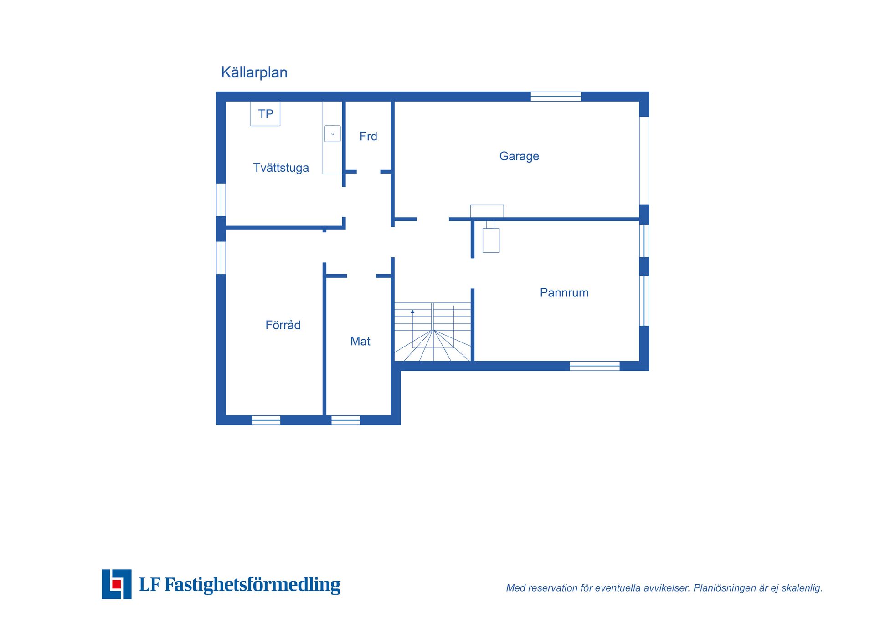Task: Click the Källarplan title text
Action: [254, 73]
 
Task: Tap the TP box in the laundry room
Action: [265, 113]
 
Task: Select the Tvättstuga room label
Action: [281, 168]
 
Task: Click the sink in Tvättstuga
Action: [332, 134]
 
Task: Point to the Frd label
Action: [368, 136]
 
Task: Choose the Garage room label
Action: [519, 156]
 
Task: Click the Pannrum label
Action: [564, 292]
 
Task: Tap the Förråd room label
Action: [283, 324]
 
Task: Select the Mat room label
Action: [360, 341]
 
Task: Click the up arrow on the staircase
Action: [412, 312]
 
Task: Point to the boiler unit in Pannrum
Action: [491, 240]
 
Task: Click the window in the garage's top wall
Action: [556, 97]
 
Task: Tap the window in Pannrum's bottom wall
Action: [594, 366]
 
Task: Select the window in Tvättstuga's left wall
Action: [221, 199]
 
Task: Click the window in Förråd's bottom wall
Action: [266, 420]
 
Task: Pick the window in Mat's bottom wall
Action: [345, 420]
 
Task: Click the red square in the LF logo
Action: [117, 584]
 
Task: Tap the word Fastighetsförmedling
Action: [252, 585]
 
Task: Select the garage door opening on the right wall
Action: [644, 161]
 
